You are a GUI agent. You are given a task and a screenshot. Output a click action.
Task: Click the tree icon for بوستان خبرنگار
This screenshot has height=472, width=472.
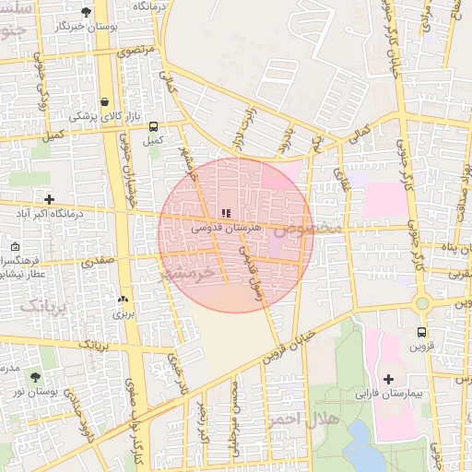click(x=86, y=12)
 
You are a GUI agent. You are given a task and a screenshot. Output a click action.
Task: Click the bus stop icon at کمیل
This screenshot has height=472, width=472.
click(x=153, y=127)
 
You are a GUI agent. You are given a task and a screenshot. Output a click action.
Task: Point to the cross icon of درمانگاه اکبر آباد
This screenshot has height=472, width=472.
click(x=49, y=199)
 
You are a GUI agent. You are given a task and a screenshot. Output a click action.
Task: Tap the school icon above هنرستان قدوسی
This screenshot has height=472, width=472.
click(x=227, y=213)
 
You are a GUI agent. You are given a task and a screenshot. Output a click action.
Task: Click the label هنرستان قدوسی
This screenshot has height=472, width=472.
click(x=227, y=227)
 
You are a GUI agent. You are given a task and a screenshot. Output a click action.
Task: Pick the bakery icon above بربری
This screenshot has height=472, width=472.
click(x=123, y=300)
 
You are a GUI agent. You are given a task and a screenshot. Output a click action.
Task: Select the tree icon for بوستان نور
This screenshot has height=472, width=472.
click(x=35, y=377)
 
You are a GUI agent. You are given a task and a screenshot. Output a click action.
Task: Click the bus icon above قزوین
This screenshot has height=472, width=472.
click(x=421, y=332)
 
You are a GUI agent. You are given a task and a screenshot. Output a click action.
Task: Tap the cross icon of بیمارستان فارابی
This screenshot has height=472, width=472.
click(x=388, y=379)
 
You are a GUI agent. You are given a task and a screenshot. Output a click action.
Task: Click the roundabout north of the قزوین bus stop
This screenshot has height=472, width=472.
click(x=422, y=301)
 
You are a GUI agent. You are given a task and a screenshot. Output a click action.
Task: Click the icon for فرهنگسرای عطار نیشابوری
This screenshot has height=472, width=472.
click(x=16, y=247)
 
